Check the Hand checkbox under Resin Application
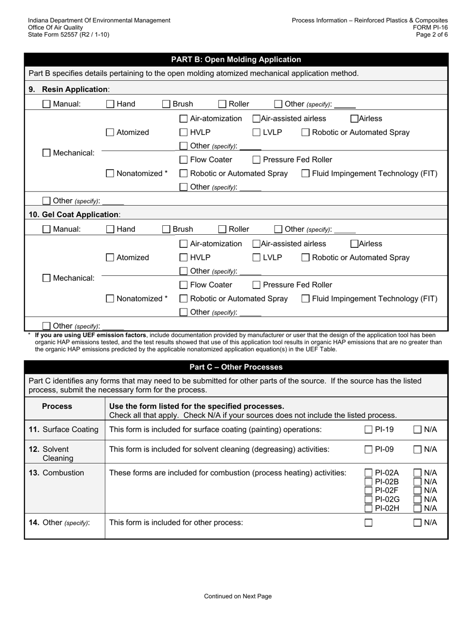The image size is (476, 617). pyautogui.click(x=110, y=104)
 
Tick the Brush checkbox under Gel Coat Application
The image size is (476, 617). pyautogui.click(x=166, y=229)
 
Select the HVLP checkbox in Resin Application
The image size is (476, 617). pyautogui.click(x=183, y=132)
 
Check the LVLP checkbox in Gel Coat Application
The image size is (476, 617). pyautogui.click(x=256, y=257)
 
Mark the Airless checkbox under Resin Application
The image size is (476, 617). pyautogui.click(x=354, y=118)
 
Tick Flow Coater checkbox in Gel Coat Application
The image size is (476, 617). pyautogui.click(x=183, y=285)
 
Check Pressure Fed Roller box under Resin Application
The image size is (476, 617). pyautogui.click(x=256, y=160)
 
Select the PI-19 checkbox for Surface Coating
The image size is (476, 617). pyautogui.click(x=368, y=429)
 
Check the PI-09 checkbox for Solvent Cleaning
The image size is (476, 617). pyautogui.click(x=368, y=449)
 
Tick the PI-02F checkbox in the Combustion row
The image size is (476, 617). pyautogui.click(x=368, y=490)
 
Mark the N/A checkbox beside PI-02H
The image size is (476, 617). pyautogui.click(x=417, y=508)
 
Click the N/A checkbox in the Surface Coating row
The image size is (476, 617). pyautogui.click(x=417, y=429)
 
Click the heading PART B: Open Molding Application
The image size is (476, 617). pyautogui.click(x=236, y=60)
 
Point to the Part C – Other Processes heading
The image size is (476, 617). pyautogui.click(x=236, y=367)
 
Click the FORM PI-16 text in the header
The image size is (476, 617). pyautogui.click(x=430, y=28)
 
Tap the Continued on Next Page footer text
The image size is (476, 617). pyautogui.click(x=237, y=596)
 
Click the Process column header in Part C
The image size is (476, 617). pyautogui.click(x=57, y=406)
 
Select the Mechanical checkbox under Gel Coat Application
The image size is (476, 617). pyautogui.click(x=47, y=278)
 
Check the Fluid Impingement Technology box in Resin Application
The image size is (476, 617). pyautogui.click(x=305, y=174)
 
